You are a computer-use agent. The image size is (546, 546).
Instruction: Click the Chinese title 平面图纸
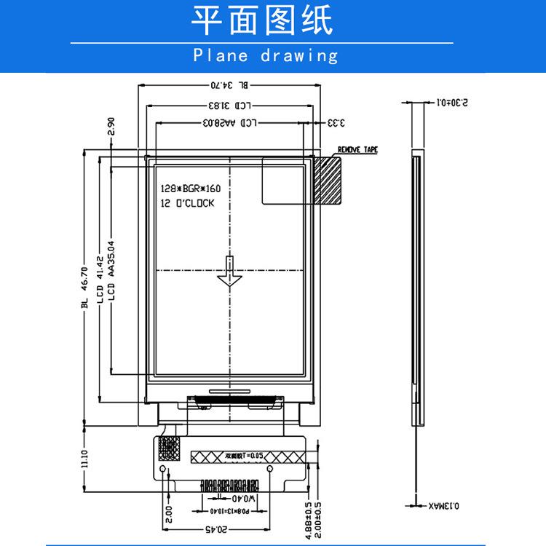(261, 21)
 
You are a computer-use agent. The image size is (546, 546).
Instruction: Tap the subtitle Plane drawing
(266, 55)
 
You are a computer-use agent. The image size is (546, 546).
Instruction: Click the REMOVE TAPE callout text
(357, 151)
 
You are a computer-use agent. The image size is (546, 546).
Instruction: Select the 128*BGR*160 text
(190, 189)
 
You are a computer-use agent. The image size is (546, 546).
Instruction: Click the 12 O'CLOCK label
(187, 204)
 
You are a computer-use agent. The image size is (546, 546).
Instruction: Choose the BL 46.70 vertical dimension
(84, 287)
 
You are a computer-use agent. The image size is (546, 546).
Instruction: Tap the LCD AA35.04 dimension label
(111, 272)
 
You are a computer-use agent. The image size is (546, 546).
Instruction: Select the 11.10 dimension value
(85, 459)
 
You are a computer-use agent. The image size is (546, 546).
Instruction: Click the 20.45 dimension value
(212, 528)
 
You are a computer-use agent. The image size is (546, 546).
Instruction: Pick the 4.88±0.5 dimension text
(309, 520)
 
